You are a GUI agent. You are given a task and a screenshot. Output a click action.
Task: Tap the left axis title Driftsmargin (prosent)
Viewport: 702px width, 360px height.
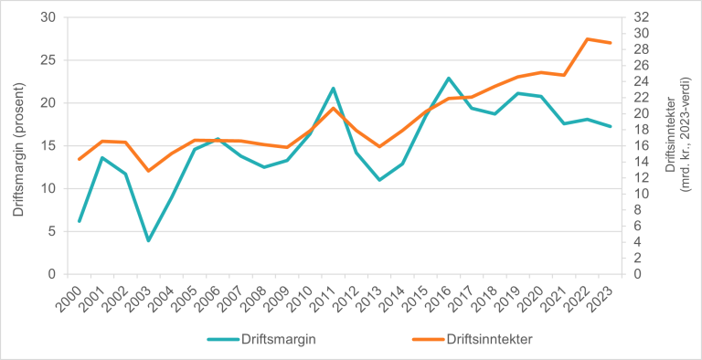19,146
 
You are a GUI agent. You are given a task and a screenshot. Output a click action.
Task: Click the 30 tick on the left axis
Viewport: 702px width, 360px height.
48,17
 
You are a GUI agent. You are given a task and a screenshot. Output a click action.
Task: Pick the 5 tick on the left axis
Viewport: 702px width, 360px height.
51,231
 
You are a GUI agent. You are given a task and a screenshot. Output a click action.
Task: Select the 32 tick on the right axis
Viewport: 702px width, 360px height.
642,17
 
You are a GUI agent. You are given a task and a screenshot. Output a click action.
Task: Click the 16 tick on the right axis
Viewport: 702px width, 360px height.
642,145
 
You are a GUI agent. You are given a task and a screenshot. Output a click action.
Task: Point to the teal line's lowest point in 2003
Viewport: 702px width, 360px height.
148,241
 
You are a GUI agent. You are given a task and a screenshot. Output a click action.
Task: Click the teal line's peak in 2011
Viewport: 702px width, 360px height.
333,89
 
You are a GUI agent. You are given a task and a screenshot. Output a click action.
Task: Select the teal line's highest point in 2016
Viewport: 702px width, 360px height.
449,79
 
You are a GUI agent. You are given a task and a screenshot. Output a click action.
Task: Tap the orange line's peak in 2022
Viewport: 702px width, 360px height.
587,39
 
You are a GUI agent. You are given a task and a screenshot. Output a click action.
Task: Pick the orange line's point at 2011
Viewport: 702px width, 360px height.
333,109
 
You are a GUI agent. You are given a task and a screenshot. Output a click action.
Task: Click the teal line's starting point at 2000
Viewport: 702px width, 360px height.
80,221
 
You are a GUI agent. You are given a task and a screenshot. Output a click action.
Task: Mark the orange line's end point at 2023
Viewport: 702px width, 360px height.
611,43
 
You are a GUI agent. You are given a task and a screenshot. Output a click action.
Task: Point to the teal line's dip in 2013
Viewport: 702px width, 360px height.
379,180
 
